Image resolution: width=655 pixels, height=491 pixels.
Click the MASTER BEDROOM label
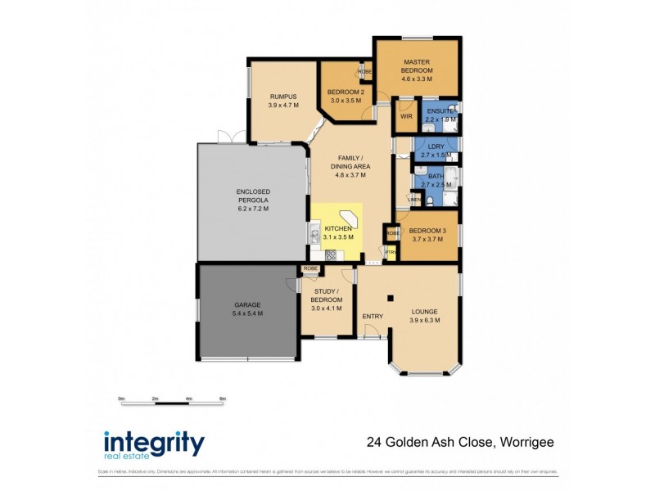(416, 62)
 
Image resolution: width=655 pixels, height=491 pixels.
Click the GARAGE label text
(247, 304)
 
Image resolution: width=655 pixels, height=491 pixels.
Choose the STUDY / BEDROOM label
(327, 295)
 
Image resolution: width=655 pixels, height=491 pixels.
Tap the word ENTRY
(373, 316)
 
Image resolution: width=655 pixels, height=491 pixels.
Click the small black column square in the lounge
(391, 297)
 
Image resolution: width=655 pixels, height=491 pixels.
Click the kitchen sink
(314, 237)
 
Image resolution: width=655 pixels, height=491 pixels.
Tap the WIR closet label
(405, 116)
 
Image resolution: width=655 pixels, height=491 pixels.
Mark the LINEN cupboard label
(415, 199)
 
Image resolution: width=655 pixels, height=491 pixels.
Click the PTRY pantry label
(391, 252)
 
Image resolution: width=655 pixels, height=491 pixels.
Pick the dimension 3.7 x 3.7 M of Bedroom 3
(427, 239)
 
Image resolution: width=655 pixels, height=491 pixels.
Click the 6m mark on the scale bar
(222, 399)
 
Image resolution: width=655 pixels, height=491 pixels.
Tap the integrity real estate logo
(154, 444)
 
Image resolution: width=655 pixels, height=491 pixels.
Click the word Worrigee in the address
(525, 443)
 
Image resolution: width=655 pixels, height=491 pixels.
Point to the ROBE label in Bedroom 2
(365, 72)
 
